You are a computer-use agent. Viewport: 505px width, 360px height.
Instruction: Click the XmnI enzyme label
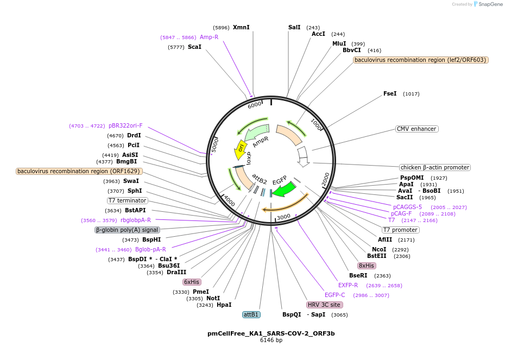pos(241,27)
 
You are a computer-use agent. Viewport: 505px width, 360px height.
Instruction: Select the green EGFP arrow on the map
pos(283,190)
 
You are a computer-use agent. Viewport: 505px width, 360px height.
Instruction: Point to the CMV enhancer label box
pos(416,129)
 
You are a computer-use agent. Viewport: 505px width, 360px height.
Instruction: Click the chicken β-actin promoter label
pos(434,167)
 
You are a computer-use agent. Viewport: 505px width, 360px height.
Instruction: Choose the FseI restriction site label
pos(390,93)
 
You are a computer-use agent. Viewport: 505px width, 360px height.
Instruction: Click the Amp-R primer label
pos(209,37)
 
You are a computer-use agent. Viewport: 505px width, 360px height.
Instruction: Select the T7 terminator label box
pos(127,200)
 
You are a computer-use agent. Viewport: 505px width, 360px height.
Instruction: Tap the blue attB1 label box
pos(251,314)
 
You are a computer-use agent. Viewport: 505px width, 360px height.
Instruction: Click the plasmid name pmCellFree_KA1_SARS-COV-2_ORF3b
pos(271,333)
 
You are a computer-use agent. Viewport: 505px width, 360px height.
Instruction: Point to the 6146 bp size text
pos(271,340)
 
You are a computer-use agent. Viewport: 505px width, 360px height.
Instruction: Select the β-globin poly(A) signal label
pos(127,230)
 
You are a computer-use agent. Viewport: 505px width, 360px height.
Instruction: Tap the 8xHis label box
pos(366,266)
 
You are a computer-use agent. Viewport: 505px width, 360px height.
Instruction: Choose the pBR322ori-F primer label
pos(125,125)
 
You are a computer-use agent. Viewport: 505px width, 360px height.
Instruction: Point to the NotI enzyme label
pos(213,298)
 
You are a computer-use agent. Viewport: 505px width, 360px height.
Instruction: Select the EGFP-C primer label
pos(335,295)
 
